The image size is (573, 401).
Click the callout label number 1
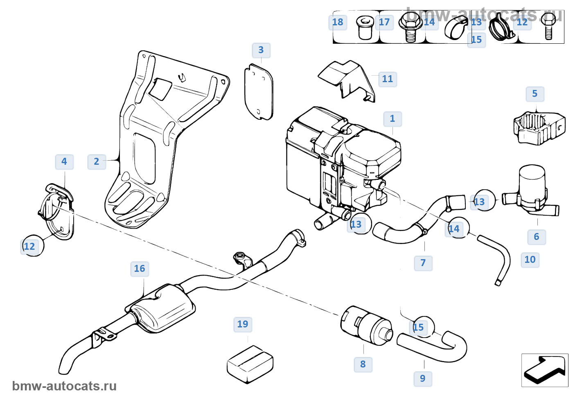[x=393, y=119]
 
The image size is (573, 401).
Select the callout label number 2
[x=97, y=162]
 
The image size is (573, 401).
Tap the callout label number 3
[x=261, y=50]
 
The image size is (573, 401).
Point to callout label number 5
[x=535, y=94]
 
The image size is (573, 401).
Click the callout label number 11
[x=388, y=79]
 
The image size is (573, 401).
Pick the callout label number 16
[x=140, y=269]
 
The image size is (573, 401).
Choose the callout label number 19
[x=243, y=325]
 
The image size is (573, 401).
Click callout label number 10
[x=530, y=260]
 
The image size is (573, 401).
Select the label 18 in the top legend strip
[x=338, y=22]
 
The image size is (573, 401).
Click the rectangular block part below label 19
[x=250, y=364]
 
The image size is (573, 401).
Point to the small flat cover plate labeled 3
[x=259, y=92]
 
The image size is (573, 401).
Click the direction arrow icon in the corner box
[x=544, y=370]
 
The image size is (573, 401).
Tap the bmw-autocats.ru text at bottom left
[x=64, y=386]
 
